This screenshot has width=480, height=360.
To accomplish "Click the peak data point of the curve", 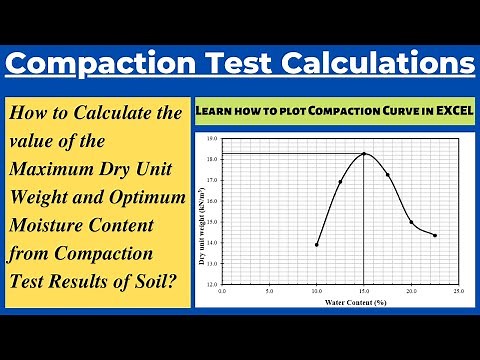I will [x=364, y=153].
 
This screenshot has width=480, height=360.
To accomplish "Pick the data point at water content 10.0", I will [x=317, y=244].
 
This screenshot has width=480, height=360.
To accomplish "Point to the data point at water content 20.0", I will [x=411, y=222].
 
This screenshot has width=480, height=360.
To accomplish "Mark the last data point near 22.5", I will [x=435, y=235].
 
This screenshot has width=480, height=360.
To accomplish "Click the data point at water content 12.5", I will [x=340, y=181].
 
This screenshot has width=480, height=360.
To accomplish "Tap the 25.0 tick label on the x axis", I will [x=458, y=292].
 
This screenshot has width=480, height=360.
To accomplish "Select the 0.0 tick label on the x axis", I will [x=222, y=292].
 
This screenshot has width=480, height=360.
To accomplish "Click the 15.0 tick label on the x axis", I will [x=364, y=292].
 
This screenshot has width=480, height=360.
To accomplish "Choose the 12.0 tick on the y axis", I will [x=212, y=284].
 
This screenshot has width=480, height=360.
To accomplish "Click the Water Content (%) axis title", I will [x=340, y=301].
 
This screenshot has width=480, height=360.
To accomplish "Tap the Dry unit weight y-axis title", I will [x=201, y=210].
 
